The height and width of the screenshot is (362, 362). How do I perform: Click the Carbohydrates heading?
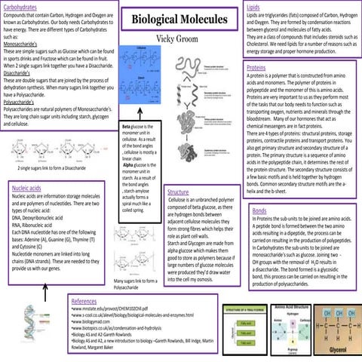22,7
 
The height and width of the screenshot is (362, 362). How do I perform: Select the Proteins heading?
259,68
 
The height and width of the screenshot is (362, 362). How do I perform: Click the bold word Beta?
129,129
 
